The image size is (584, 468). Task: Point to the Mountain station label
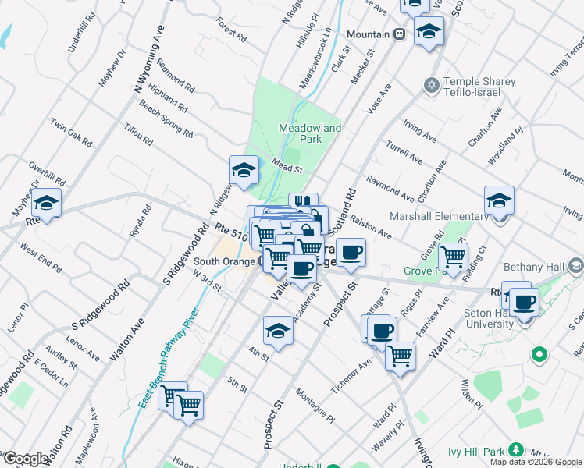[369, 35]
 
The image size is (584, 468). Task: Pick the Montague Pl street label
[315, 406]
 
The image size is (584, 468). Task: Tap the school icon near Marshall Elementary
[499, 201]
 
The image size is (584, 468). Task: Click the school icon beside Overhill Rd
[46, 204]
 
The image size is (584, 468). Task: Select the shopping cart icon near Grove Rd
[453, 256]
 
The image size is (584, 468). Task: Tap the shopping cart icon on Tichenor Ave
[400, 356]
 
